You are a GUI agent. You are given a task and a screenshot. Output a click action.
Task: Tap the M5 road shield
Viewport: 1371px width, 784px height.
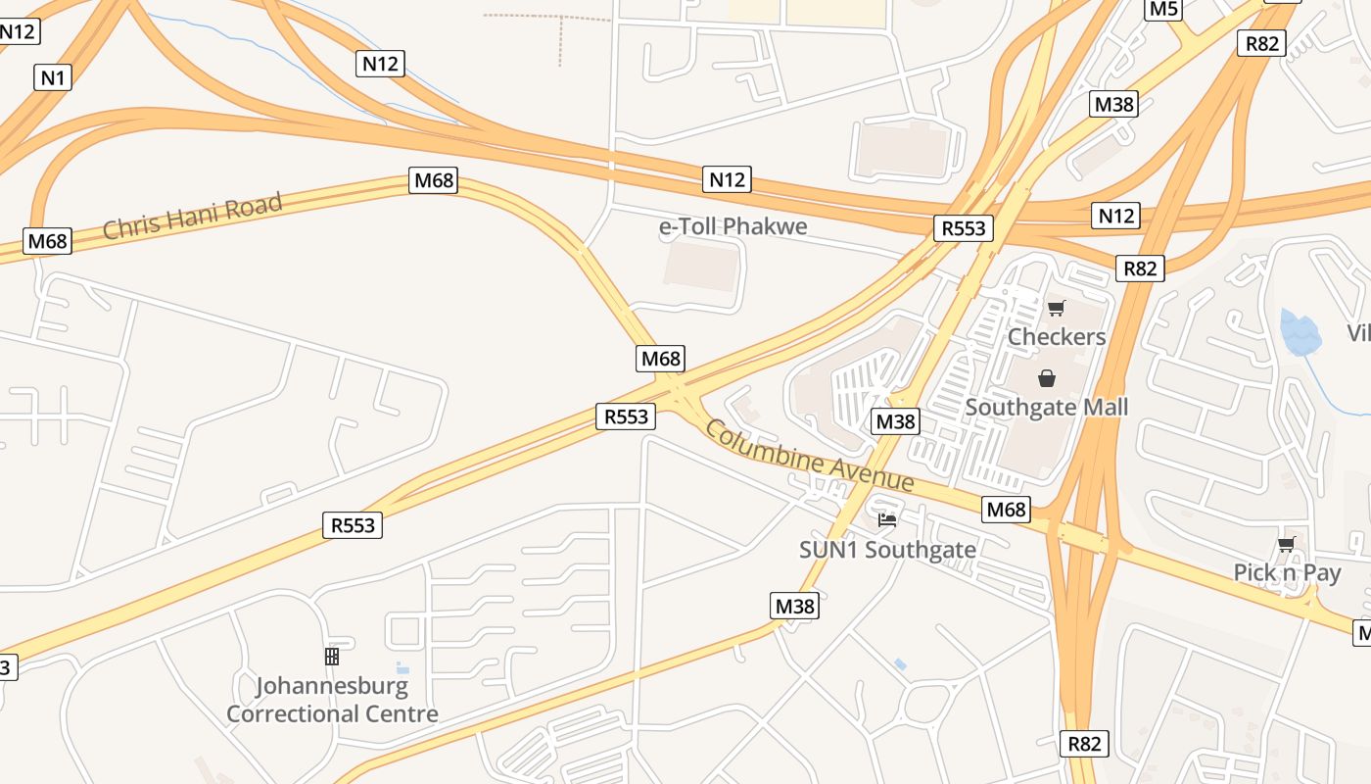[x=1163, y=9]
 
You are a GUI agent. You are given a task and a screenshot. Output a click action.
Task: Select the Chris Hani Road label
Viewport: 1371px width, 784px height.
[x=192, y=216]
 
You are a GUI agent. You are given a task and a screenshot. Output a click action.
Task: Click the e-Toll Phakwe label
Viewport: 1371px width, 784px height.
[x=733, y=226]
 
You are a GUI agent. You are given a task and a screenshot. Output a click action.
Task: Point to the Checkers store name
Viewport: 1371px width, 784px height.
[x=1057, y=336]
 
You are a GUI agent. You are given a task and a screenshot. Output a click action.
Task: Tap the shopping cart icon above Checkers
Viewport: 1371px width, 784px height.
[x=1056, y=309]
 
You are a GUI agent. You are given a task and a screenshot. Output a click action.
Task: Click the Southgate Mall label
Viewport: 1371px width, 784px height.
[x=1047, y=407]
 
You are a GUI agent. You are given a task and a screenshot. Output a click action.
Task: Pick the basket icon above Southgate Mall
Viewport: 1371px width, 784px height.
[x=1047, y=378]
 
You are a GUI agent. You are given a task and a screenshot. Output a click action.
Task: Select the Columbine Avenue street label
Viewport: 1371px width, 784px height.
[x=809, y=457]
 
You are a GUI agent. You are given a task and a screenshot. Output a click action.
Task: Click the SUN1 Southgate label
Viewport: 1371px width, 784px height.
[x=887, y=550]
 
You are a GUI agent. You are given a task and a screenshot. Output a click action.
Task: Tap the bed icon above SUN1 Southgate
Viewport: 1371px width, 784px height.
[x=887, y=520]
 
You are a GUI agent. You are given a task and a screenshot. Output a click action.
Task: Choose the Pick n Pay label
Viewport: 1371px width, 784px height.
[x=1287, y=572]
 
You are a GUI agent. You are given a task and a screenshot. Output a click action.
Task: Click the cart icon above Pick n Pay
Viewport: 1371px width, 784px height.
[x=1286, y=545]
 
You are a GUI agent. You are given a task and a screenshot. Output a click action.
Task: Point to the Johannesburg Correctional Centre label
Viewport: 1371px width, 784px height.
[x=332, y=700]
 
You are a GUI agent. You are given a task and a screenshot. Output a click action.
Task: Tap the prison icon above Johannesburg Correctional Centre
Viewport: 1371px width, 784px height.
[x=332, y=657]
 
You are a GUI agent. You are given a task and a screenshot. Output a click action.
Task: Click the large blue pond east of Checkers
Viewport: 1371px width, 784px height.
[x=1300, y=333]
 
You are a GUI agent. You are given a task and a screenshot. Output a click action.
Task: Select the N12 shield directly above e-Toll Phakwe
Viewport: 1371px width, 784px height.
[x=727, y=179]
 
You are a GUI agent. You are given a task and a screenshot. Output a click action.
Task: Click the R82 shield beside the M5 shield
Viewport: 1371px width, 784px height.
[x=1261, y=43]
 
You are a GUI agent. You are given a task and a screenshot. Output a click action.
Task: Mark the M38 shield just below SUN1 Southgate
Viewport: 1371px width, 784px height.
[x=795, y=607]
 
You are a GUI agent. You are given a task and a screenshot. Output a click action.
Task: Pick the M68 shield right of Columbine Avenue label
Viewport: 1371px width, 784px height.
[x=1007, y=510]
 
